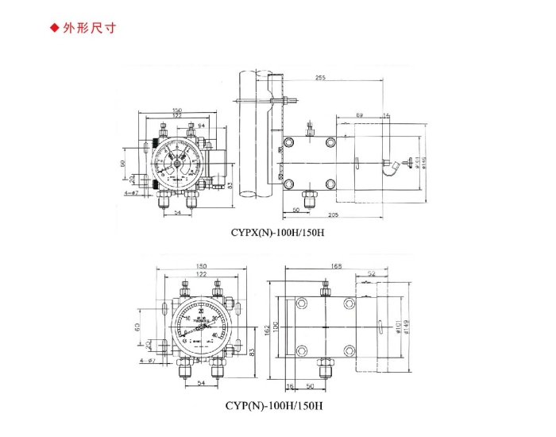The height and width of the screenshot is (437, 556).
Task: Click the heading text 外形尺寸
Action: tap(95, 29)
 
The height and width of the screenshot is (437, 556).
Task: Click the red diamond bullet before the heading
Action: tap(55, 29)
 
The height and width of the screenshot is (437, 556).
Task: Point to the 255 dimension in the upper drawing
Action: tap(321, 78)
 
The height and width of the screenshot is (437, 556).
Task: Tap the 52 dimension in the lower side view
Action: tap(372, 275)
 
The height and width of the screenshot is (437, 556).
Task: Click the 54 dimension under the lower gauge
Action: tap(200, 385)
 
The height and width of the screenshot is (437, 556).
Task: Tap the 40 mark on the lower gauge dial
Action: tap(215, 336)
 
